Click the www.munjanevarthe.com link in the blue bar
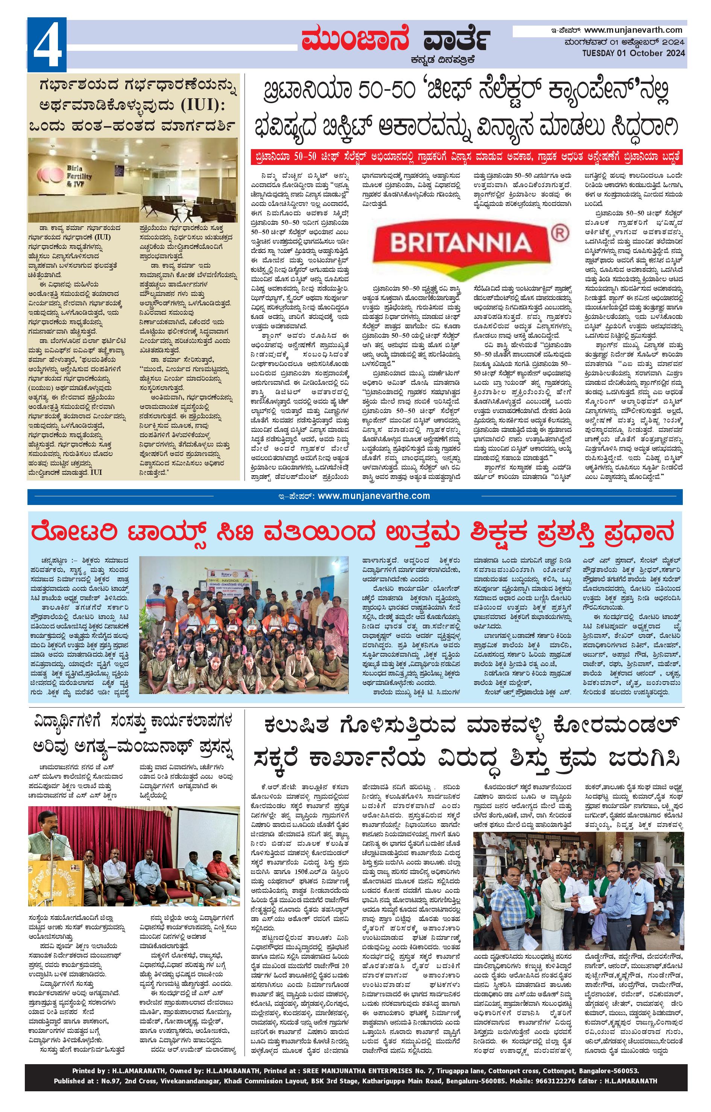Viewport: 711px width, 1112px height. [x=374, y=496]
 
